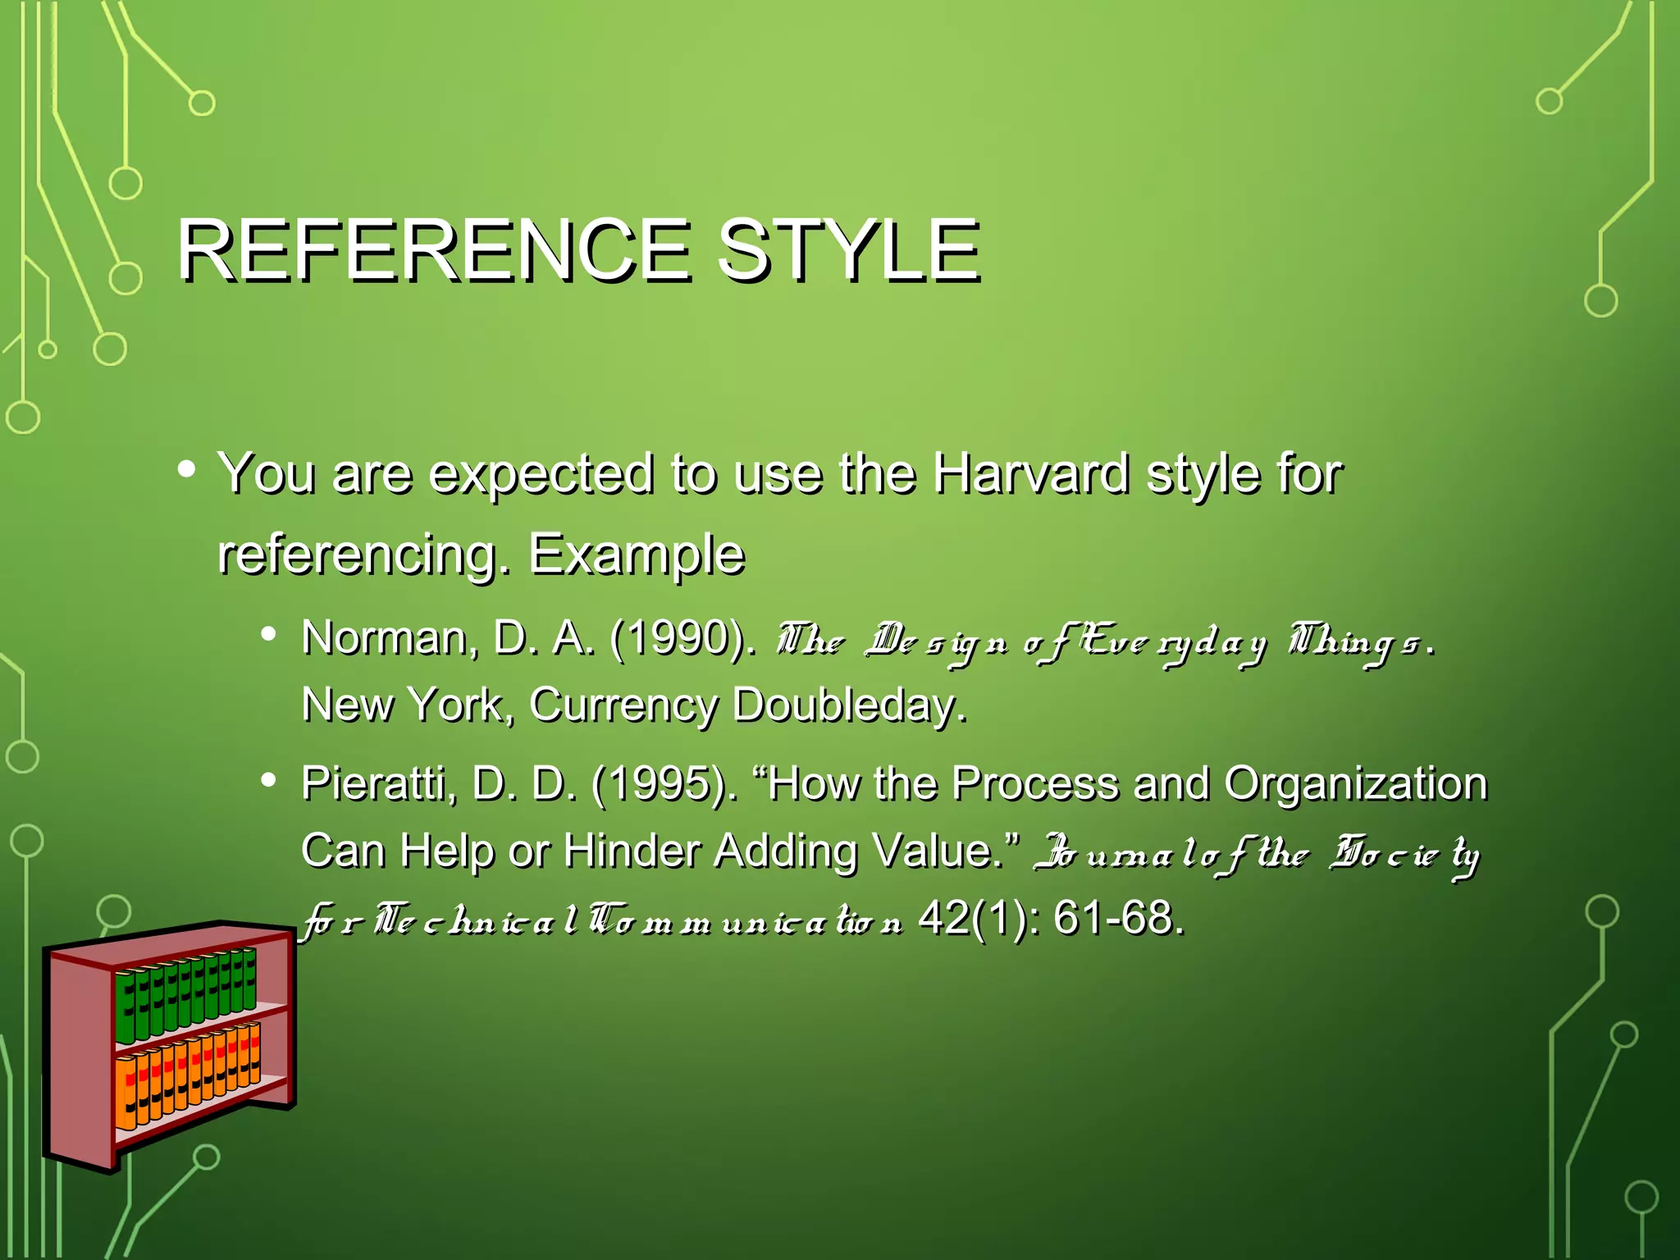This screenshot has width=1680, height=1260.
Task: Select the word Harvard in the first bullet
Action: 1030,474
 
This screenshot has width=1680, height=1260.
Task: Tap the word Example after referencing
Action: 637,555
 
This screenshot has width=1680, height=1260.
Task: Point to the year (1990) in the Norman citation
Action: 681,638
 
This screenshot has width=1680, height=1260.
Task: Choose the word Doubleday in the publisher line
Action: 848,705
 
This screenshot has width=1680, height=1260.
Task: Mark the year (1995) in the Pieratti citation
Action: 663,783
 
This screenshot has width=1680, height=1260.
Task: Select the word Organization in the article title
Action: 1355,783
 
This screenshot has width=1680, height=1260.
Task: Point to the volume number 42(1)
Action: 978,918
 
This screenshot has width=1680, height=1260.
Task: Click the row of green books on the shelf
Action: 185,994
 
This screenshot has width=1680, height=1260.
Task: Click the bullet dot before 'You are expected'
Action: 186,470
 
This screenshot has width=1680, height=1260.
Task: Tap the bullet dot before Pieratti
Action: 268,780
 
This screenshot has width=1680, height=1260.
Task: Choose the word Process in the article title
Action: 1035,783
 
